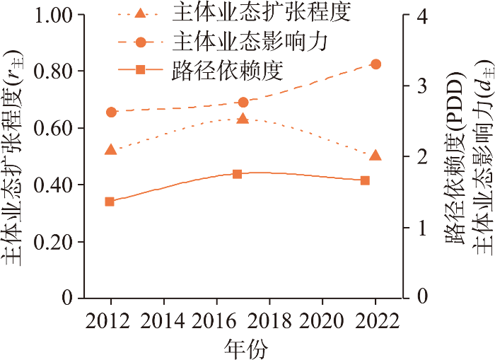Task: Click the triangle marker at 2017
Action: click(x=243, y=119)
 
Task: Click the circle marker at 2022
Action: click(x=375, y=64)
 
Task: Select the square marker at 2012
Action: click(x=110, y=202)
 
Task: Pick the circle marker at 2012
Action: click(x=111, y=112)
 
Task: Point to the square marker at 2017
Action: click(x=238, y=174)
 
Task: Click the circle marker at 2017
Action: click(x=243, y=103)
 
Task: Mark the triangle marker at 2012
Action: click(x=110, y=150)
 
